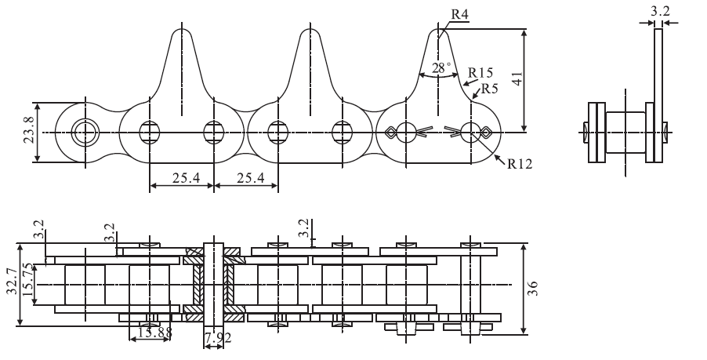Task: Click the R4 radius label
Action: pos(459,14)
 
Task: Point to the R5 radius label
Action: pos(488,89)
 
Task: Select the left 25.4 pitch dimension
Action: pos(181,178)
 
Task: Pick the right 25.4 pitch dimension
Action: pos(246,178)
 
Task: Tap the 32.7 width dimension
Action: pos(10,283)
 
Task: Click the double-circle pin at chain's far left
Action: pos(83,133)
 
